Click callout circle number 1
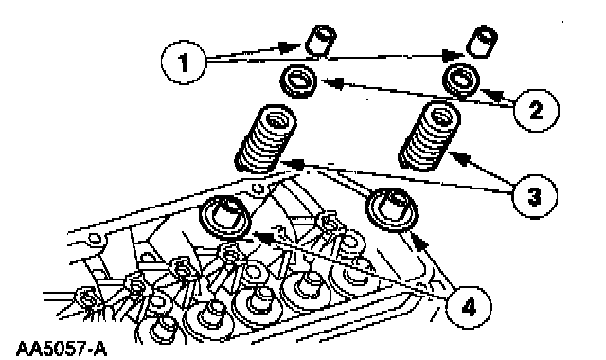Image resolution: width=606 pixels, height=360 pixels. pos(184,62)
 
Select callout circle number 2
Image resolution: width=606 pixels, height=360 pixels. pos(537,111)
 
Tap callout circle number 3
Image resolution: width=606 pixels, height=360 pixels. pos(535,196)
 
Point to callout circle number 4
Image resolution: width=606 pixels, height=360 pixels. pos(469,308)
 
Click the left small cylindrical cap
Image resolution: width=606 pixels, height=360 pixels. pos(320,41)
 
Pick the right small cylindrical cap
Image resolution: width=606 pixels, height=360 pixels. pos(482,42)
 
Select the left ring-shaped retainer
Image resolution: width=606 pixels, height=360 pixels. pos(298,81)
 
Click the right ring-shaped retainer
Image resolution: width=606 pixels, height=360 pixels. pos(461,81)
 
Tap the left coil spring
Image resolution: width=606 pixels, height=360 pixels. pos(266,139)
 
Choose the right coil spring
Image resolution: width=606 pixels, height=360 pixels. pos(429,136)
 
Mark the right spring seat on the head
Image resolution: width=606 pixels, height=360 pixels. pos(392,209)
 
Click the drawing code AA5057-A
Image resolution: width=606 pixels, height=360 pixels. pos(61,349)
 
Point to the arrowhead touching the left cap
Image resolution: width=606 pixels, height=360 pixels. pos(291,46)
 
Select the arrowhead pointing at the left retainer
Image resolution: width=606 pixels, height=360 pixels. pos(332,82)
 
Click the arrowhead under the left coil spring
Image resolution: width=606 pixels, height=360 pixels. pos(292,164)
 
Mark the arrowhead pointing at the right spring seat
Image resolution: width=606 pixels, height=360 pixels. pos(420,241)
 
